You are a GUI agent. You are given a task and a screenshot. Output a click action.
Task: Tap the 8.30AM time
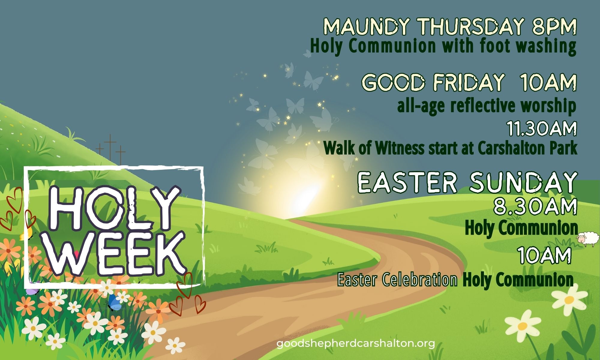pyautogui.click(x=536, y=207)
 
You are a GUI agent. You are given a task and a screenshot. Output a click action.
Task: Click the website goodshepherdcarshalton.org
pyautogui.click(x=355, y=343)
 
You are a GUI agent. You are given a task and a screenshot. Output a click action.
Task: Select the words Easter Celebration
pyautogui.click(x=397, y=280)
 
